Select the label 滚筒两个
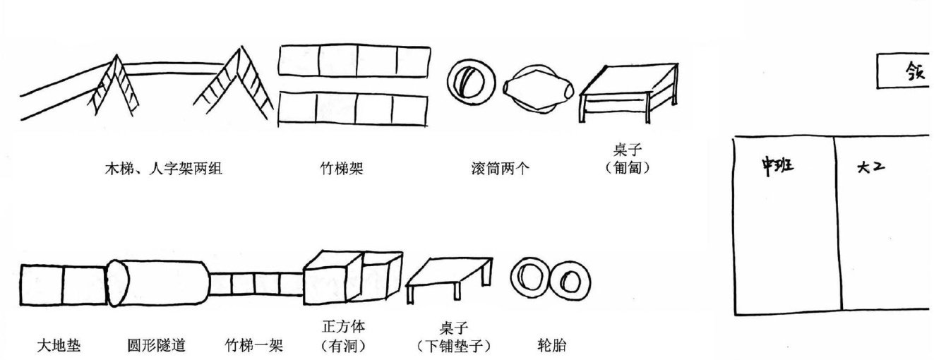pyautogui.click(x=499, y=169)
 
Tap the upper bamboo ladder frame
pyautogui.click(x=353, y=60)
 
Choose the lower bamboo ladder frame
pyautogui.click(x=353, y=109)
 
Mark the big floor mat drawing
pyautogui.click(x=64, y=287)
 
